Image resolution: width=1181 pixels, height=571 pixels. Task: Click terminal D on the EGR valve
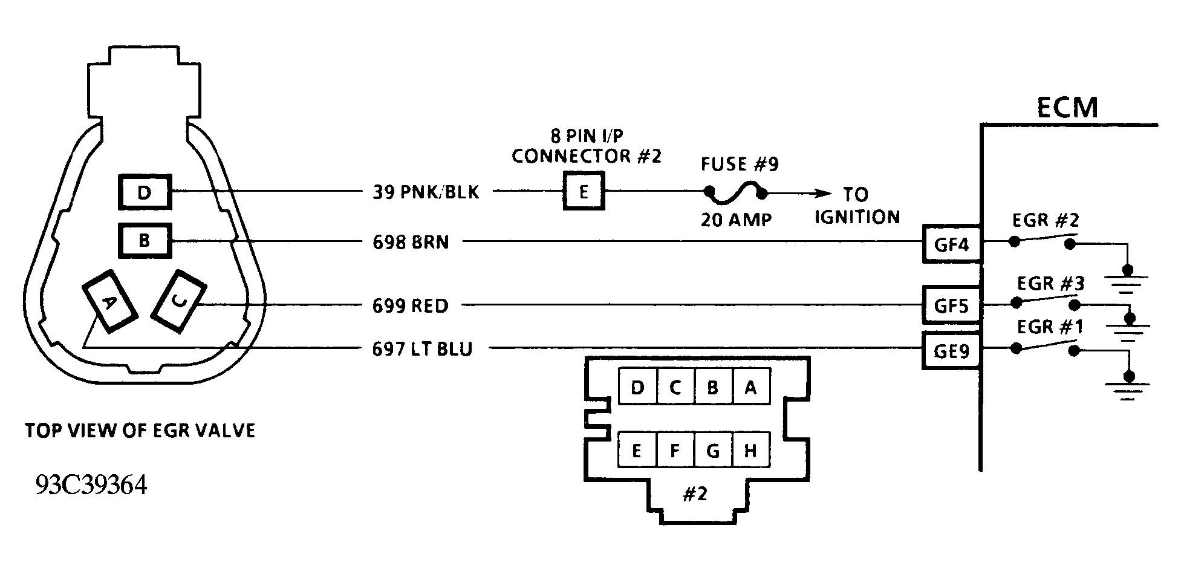[x=145, y=192]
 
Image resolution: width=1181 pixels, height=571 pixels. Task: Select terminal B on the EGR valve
[x=145, y=241]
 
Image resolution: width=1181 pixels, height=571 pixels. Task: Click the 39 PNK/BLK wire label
[x=425, y=192]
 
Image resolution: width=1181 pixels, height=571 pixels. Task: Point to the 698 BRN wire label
[x=411, y=242]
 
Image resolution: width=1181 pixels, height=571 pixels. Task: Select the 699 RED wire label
[x=410, y=305]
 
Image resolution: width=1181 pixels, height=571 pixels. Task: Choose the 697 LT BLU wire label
[x=421, y=349]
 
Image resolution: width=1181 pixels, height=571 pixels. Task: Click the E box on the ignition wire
[x=584, y=192]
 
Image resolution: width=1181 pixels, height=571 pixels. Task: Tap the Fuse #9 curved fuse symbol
[x=735, y=192]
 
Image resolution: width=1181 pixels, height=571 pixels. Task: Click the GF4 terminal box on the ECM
[x=951, y=244]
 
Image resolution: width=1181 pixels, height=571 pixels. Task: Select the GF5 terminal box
[x=951, y=305]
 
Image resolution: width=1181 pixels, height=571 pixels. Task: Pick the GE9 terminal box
[x=951, y=350]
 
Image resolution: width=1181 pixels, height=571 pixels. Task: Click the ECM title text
[x=1067, y=108]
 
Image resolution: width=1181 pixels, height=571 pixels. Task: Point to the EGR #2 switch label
[x=1046, y=220]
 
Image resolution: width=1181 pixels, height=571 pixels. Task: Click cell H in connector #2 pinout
[x=750, y=450]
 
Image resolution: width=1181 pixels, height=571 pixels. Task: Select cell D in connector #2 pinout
[x=637, y=387]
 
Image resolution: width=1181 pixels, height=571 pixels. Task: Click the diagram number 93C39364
[x=91, y=485]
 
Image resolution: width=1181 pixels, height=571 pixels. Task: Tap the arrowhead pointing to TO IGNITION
[x=822, y=194]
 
